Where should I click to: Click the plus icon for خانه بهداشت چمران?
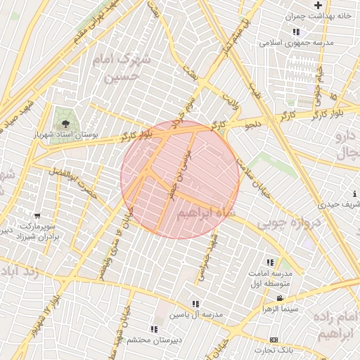(318, 5)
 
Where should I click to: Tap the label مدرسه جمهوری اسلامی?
(288, 42)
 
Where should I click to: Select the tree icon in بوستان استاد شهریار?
(65, 123)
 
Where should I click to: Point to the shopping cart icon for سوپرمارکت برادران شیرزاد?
(37, 215)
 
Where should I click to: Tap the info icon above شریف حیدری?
(354, 194)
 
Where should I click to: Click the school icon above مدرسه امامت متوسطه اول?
(271, 262)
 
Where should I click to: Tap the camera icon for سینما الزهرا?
(281, 299)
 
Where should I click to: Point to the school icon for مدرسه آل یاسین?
(195, 304)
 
